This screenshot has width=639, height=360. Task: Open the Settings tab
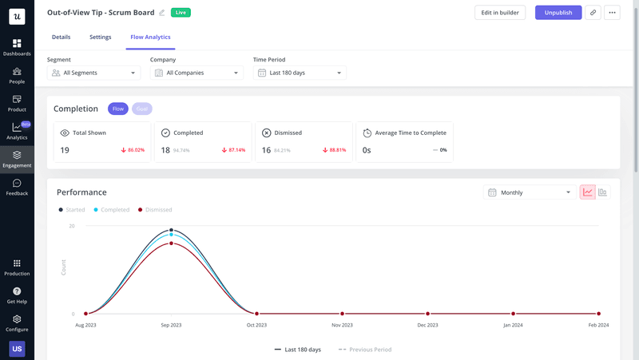tap(101, 38)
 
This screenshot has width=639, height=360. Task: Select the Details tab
tap(61, 38)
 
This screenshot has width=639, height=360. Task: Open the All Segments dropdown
tap(93, 73)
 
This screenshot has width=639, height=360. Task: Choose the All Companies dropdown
tap(196, 73)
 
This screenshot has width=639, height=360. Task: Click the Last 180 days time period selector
tap(300, 73)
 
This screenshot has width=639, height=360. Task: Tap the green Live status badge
tap(181, 13)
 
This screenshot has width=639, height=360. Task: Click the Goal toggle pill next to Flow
tap(142, 109)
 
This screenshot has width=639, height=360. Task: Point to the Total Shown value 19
tap(65, 150)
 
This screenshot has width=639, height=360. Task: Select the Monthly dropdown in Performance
tap(530, 192)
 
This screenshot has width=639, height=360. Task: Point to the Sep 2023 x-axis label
tap(171, 325)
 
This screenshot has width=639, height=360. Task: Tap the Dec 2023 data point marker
tap(427, 314)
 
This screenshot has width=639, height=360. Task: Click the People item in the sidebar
tap(17, 75)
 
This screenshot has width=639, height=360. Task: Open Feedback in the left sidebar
tap(17, 187)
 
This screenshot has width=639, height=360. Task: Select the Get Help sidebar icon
tap(17, 295)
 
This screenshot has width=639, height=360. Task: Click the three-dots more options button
tap(612, 13)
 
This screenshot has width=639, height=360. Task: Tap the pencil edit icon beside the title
tap(162, 13)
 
